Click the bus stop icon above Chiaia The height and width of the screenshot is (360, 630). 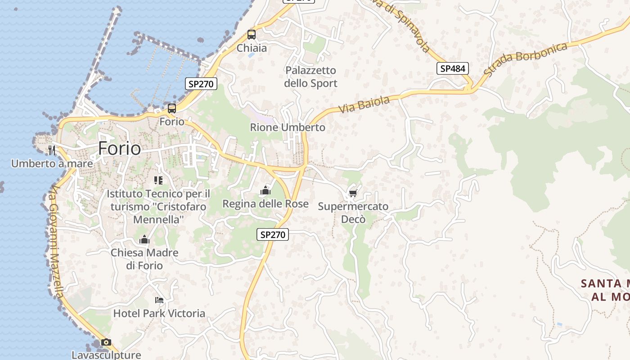[x=252, y=35]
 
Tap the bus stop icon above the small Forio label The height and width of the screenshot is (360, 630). [x=172, y=108]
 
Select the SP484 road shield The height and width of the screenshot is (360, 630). [x=453, y=68]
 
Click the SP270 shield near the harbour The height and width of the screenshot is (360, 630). [x=201, y=83]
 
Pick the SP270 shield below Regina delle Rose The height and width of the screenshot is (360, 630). [x=273, y=234]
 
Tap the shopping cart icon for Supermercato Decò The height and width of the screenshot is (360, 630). [x=353, y=193]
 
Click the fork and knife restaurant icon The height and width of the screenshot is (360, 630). [x=52, y=150]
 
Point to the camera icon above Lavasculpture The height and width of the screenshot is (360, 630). [x=106, y=342]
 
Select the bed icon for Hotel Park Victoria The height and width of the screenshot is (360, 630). [x=159, y=300]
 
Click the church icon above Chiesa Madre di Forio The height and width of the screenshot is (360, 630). [x=144, y=239]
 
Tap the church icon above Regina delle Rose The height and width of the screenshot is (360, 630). [x=265, y=191]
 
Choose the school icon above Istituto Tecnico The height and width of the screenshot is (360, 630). [x=158, y=180]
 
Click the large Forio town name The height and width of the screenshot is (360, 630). [x=119, y=148]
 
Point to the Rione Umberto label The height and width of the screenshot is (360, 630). [x=288, y=127]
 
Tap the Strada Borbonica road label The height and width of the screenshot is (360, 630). [x=526, y=58]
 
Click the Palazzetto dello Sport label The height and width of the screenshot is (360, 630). [x=311, y=77]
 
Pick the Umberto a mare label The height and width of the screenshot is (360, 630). [x=52, y=163]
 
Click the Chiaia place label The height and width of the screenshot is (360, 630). [x=252, y=48]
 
